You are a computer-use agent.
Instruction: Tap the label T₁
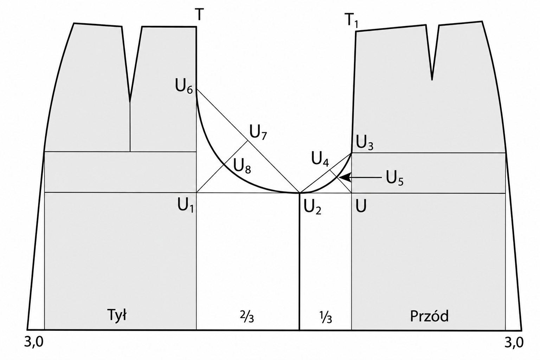coord(352,21)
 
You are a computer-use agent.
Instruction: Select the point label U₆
coord(184,87)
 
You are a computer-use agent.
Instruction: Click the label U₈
coord(242,167)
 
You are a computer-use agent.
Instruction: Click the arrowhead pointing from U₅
coord(344,178)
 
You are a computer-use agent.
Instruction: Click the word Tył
coord(117,315)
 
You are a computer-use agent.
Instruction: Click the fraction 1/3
coord(326,317)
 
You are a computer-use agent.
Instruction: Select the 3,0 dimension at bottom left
coord(34,342)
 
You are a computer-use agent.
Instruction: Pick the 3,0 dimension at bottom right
coord(514,342)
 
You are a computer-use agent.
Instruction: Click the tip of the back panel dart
coord(130,102)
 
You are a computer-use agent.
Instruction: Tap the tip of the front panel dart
coord(432,80)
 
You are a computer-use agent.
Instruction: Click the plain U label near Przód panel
coord(361,206)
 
